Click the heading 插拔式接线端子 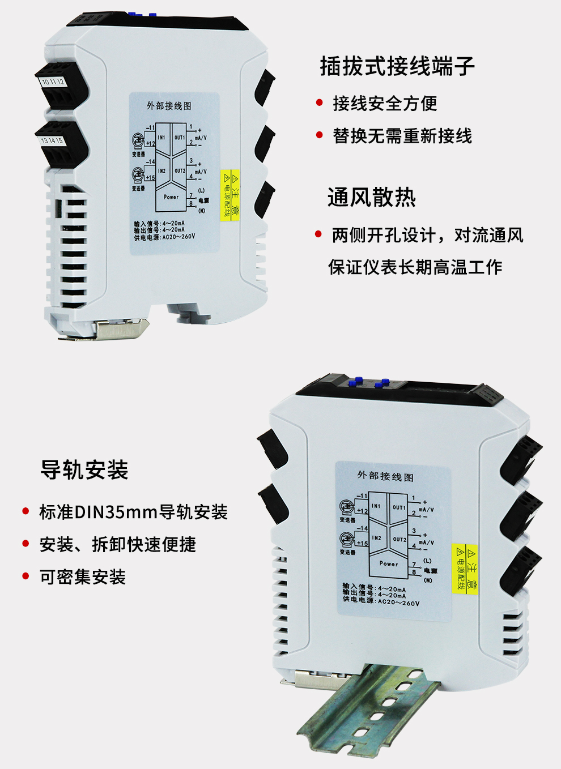click(397, 66)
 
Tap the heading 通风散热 click(372, 198)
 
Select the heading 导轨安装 click(84, 470)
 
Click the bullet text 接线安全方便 click(385, 104)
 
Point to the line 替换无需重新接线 click(402, 136)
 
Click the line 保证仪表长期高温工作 click(415, 267)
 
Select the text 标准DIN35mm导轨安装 click(133, 512)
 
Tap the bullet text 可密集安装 click(83, 577)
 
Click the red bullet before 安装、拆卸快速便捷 click(25, 544)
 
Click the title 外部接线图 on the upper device click(169, 106)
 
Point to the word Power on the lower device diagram click(389, 563)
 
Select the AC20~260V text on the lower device click(399, 603)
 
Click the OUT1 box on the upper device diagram click(179, 138)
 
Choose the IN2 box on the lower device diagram click(376, 538)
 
